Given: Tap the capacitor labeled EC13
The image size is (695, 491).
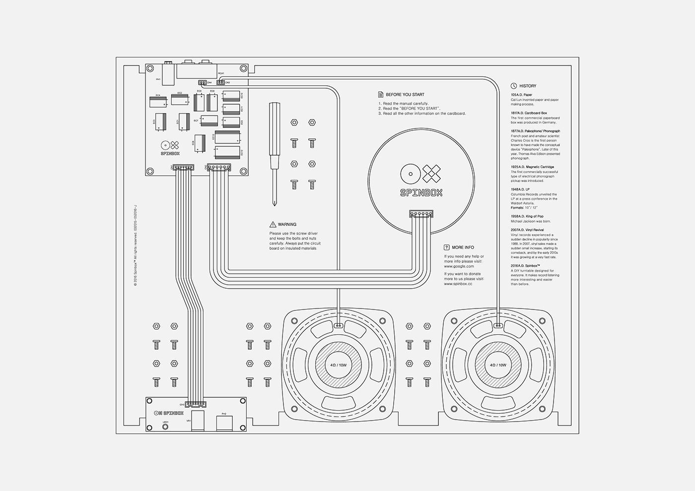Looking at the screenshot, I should (x=227, y=152).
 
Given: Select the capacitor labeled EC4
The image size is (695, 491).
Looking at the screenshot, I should (x=158, y=102).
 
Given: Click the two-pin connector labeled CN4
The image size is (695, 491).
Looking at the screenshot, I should (x=202, y=82).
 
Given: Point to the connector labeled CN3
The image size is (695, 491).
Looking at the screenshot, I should (x=220, y=82).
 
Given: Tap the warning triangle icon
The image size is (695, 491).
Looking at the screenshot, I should (x=273, y=225).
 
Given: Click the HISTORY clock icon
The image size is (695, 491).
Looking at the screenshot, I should (x=514, y=86).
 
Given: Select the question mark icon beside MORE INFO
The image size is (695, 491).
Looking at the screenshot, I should (x=447, y=247).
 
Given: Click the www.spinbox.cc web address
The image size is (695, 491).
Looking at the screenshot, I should (x=458, y=284).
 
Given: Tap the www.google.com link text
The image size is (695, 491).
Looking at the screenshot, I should (x=459, y=266).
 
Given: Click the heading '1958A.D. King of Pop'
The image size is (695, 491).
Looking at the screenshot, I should (x=527, y=217).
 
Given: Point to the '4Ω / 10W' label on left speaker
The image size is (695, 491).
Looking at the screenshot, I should (x=338, y=365).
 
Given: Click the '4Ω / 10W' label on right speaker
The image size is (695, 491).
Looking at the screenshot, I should (x=498, y=365).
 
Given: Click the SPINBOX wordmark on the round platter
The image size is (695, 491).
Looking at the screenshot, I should (x=421, y=193).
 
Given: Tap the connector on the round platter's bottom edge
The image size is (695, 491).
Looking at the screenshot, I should (x=421, y=214).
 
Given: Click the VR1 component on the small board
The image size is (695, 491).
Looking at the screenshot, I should (x=198, y=421).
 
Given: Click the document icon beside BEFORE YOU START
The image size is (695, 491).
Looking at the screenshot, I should (x=381, y=94).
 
